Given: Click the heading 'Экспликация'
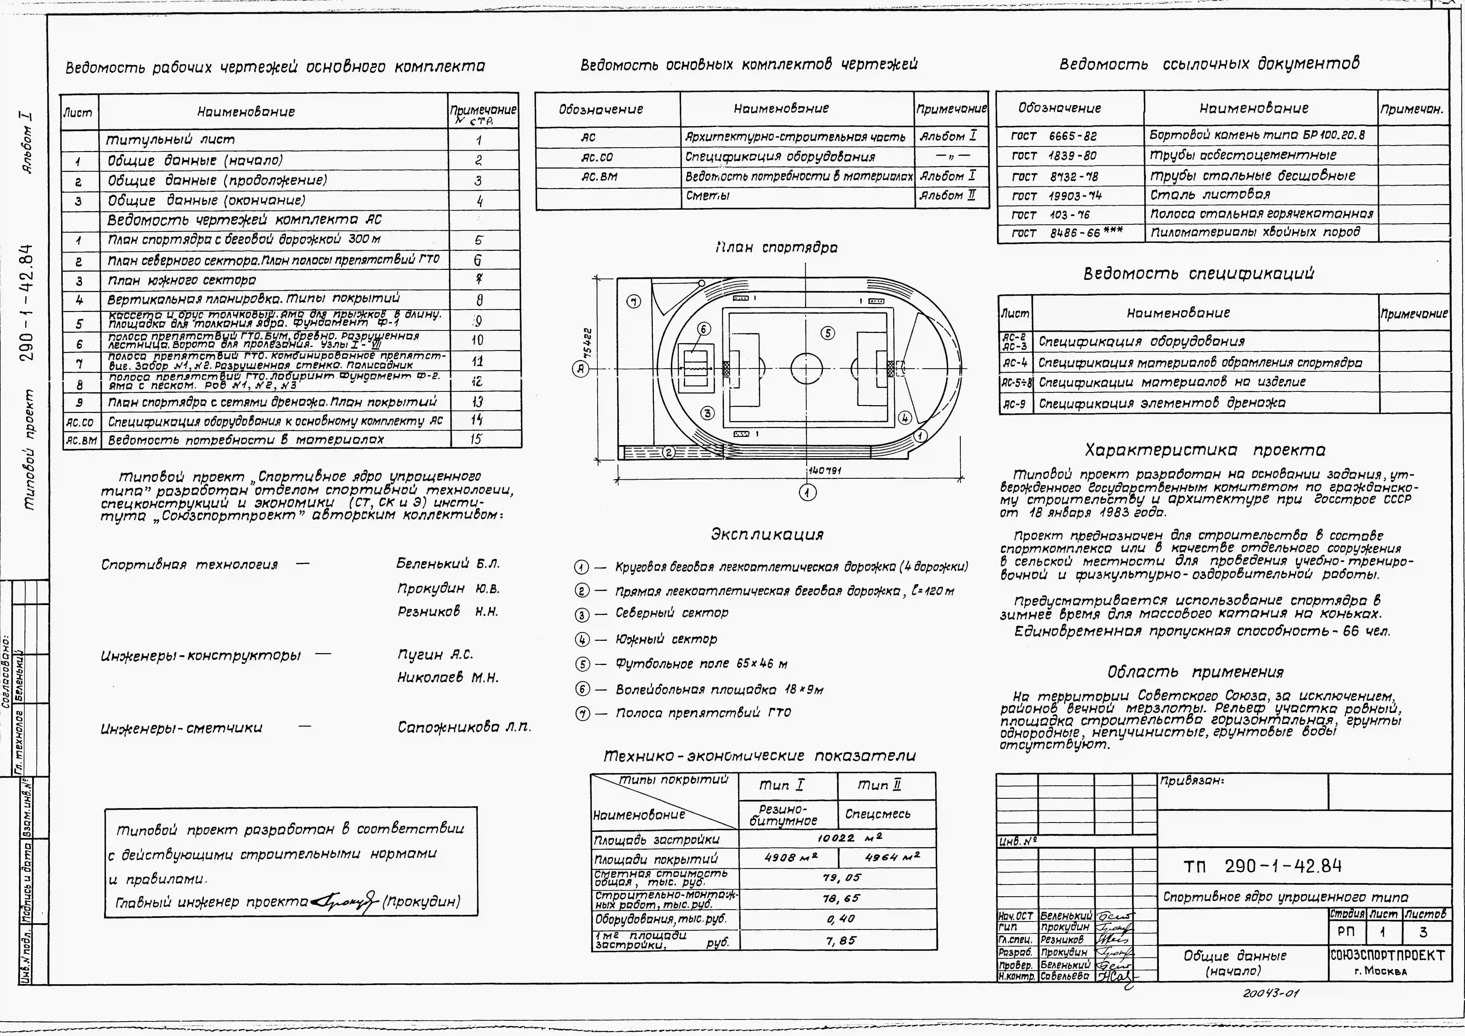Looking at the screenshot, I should [x=767, y=535].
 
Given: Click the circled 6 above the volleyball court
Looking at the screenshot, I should [x=703, y=329].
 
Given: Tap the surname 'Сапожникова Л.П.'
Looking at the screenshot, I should [x=464, y=727].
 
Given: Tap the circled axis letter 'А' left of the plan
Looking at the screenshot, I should [x=580, y=369].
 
